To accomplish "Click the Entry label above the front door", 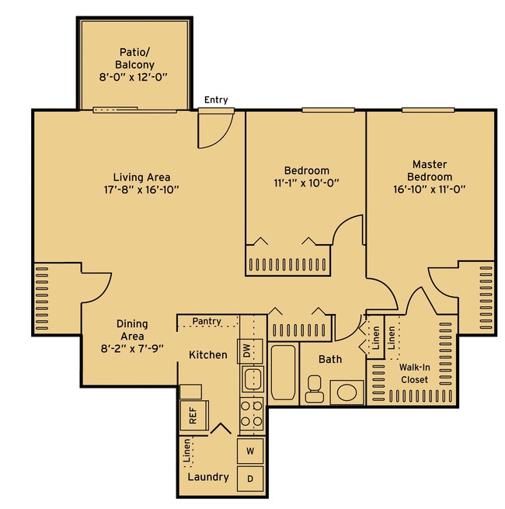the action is click(216, 99).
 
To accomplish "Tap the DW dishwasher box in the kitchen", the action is click(250, 351).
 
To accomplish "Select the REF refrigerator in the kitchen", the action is click(193, 416).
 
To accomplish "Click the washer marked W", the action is click(250, 451).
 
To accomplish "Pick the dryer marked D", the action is click(250, 479).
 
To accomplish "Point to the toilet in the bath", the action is click(314, 389).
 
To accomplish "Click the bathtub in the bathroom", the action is click(284, 372).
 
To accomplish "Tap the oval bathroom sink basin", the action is click(347, 392).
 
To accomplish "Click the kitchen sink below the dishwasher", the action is click(252, 378).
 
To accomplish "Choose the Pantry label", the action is click(207, 321).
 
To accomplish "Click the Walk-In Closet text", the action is click(414, 373).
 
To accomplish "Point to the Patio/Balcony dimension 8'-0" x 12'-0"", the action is click(133, 77).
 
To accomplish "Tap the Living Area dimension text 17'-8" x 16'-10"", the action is click(141, 190).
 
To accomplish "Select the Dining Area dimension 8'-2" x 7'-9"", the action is click(132, 349).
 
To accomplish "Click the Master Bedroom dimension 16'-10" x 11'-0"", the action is click(430, 189).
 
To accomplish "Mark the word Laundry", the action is click(208, 477).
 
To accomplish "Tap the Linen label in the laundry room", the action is click(186, 450).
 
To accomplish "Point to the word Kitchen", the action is click(208, 355).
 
